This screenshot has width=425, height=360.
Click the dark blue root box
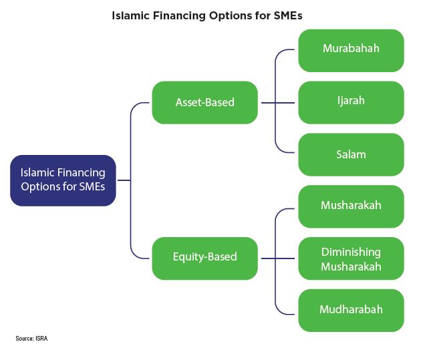[x=63, y=180]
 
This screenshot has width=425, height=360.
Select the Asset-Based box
[x=205, y=103]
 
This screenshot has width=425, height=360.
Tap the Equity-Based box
[x=205, y=258]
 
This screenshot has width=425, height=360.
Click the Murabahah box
[x=351, y=51]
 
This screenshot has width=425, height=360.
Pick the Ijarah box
[x=351, y=103]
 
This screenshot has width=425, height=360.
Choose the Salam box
[x=351, y=155]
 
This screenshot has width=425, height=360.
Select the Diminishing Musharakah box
[x=351, y=258]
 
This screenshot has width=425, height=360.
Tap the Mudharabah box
[x=351, y=311]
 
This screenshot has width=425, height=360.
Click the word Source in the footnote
[x=24, y=339]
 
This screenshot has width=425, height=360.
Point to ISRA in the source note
[x=41, y=339]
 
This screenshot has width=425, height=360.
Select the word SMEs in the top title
[x=288, y=15]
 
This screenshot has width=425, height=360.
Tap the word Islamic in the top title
[x=131, y=15]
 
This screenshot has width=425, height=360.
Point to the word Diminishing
[x=351, y=252]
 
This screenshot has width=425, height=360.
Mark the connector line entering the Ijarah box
[x=278, y=103]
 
